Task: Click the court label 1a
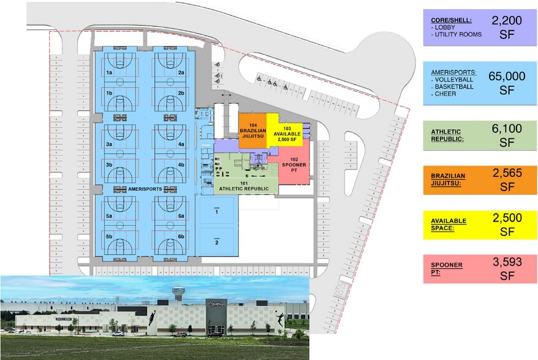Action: pos(110,72)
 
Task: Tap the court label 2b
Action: pos(181,93)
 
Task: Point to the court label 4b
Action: pos(181,165)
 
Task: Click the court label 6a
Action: pos(181,216)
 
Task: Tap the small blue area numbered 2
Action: pos(216,242)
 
